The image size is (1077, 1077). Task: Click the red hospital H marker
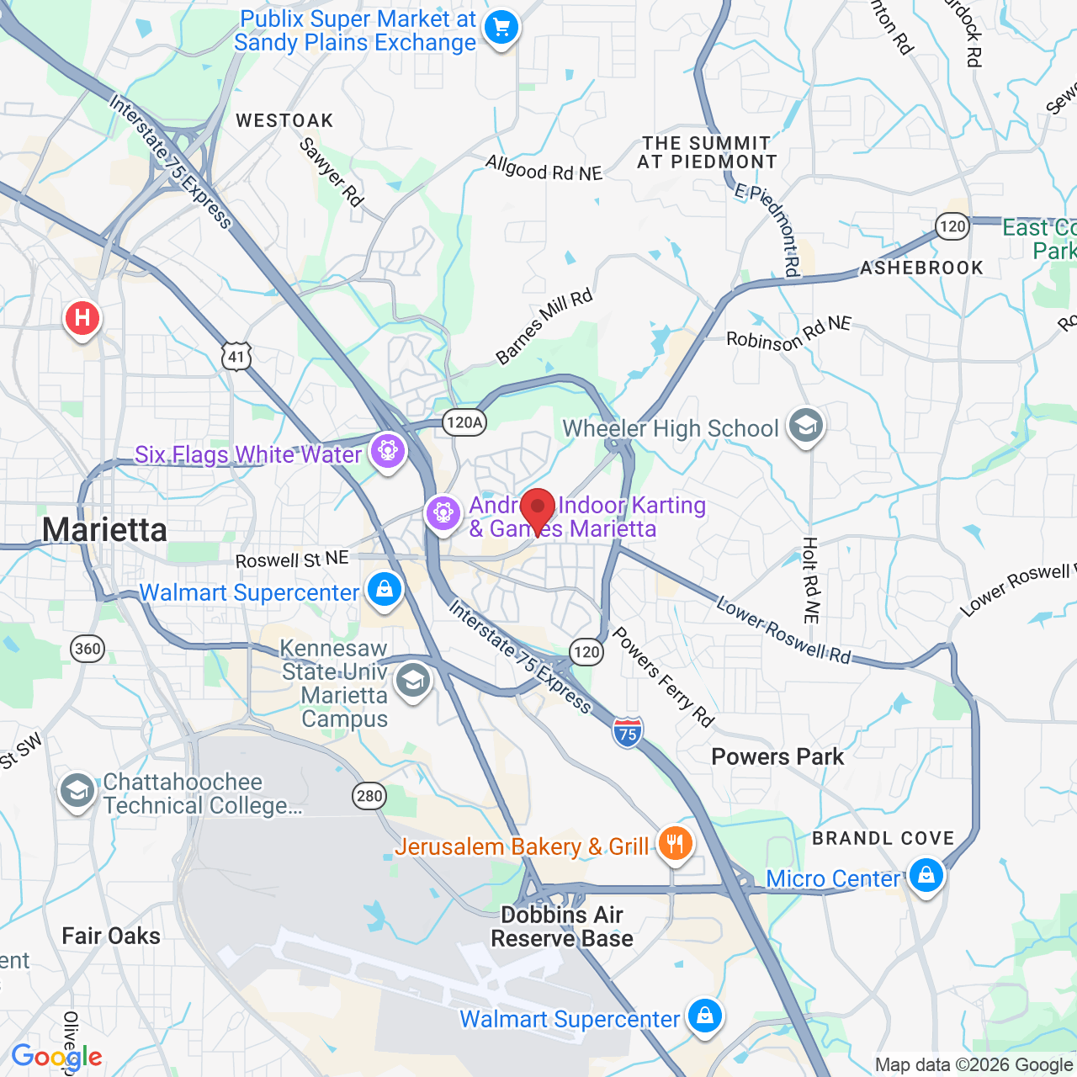(x=82, y=318)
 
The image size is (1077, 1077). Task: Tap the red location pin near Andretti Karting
(x=538, y=508)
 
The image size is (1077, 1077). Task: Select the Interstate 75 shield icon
(x=628, y=732)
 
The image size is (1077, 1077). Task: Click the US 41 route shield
(x=236, y=356)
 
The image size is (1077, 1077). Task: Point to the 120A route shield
(x=464, y=422)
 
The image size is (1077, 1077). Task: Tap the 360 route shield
(x=88, y=649)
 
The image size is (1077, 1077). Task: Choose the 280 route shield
(x=369, y=796)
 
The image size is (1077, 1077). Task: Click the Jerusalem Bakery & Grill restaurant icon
(x=675, y=842)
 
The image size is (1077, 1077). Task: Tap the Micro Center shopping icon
(x=926, y=876)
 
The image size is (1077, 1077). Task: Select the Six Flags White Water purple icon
(x=388, y=451)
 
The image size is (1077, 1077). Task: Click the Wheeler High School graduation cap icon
(x=805, y=426)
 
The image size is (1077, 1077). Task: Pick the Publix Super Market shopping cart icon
(x=501, y=28)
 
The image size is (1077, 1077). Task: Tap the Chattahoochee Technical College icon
(x=77, y=791)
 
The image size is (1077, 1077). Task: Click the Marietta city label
(x=105, y=530)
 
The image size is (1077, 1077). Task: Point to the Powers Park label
(x=777, y=756)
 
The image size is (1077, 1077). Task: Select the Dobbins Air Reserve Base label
(x=562, y=926)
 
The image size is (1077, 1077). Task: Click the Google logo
(x=56, y=1057)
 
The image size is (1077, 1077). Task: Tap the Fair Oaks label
(x=111, y=936)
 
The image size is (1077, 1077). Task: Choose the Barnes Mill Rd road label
(x=544, y=326)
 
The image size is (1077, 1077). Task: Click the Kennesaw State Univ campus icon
(x=413, y=682)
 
